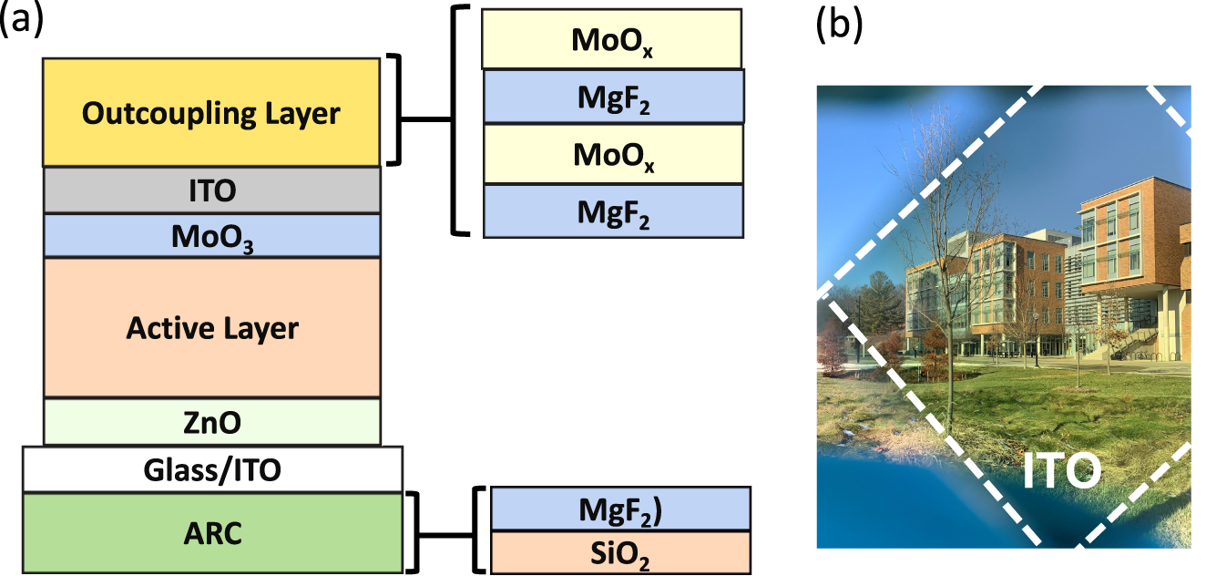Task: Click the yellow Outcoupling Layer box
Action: (x=211, y=112)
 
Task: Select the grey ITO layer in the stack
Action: (x=211, y=190)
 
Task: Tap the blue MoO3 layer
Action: (x=211, y=235)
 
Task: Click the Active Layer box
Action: (x=211, y=326)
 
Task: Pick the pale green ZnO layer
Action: (x=211, y=422)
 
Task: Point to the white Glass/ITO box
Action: (x=211, y=469)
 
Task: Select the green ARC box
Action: (x=211, y=532)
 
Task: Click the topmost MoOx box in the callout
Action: (x=611, y=39)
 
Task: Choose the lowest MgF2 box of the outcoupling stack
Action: (x=611, y=211)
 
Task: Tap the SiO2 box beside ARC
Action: (x=619, y=552)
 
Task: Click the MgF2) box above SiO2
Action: (x=619, y=509)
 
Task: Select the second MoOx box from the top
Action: (x=611, y=154)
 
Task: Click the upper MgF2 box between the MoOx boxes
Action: (x=611, y=97)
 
